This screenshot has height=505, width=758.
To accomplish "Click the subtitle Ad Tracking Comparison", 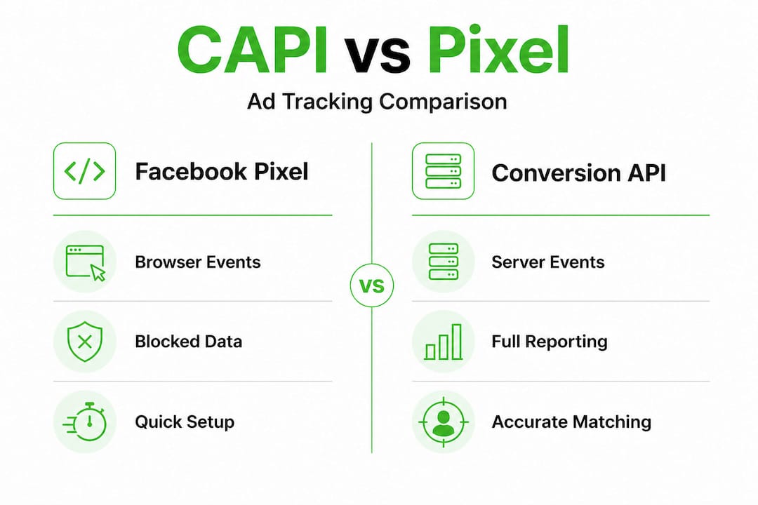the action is point(377,102).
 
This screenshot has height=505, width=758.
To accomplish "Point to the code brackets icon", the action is point(85,171).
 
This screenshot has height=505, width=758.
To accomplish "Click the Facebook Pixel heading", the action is point(221,172).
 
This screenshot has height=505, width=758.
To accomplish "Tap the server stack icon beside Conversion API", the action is point(444,171).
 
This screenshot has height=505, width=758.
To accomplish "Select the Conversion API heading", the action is point(578,173).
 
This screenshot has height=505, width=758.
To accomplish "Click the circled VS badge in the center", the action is point(372,285).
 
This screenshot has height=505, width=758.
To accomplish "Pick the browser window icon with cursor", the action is point(85,262).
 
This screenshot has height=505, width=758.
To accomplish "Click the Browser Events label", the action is point(198,262).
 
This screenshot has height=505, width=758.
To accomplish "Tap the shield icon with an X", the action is point(85,342).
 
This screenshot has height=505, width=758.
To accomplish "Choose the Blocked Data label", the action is point(189,342).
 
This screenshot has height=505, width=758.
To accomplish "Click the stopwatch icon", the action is point(85,422).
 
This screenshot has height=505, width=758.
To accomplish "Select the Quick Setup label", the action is point(185,422).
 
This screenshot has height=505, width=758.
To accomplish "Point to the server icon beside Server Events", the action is point(444,262).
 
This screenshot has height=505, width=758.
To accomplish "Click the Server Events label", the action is point(547,262).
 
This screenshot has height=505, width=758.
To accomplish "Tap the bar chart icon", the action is point(444,342).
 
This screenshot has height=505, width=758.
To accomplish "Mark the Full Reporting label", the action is point(549,342).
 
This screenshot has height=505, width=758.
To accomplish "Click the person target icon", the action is point(444,422).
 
